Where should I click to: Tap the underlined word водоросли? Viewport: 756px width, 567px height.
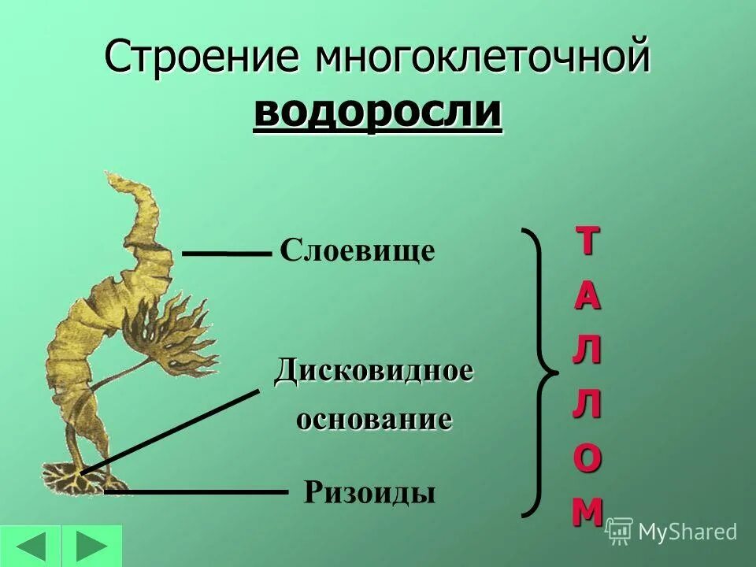click(x=377, y=112)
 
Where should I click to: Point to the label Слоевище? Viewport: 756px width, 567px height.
click(x=358, y=251)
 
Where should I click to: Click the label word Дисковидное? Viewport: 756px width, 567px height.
click(x=373, y=370)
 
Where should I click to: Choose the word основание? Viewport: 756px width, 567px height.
click(x=374, y=419)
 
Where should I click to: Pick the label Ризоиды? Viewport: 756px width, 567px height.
click(x=369, y=493)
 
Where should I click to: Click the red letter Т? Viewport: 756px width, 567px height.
click(x=585, y=242)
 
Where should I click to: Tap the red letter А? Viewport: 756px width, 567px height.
click(x=587, y=296)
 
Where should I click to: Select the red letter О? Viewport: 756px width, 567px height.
click(x=587, y=459)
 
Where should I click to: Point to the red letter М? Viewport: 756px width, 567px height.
click(x=587, y=512)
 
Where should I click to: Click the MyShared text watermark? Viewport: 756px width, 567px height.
click(x=687, y=532)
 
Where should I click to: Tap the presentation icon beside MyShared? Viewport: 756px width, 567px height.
click(x=619, y=532)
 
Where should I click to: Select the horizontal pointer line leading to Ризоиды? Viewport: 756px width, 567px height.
click(x=197, y=492)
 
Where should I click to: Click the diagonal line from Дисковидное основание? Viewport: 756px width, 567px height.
click(x=169, y=432)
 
